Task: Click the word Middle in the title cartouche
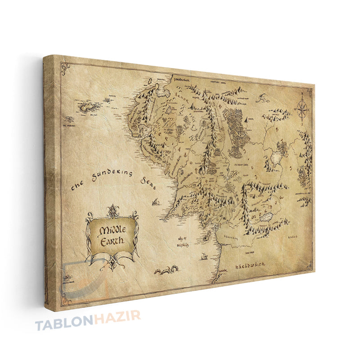(111, 229)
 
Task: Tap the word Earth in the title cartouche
(111, 241)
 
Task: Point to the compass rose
(302, 108)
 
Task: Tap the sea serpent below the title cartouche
(166, 270)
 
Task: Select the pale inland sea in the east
(275, 158)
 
